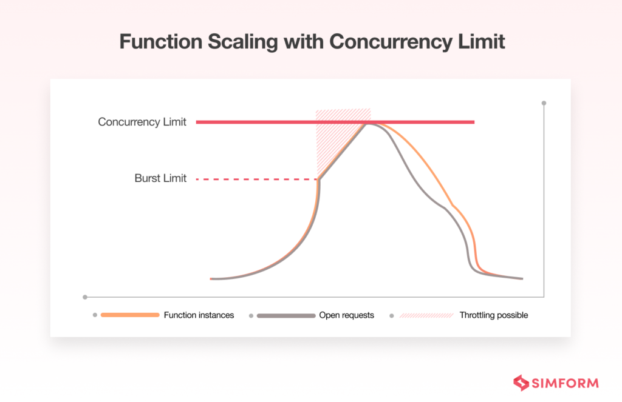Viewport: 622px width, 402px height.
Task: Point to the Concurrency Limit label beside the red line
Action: (142, 122)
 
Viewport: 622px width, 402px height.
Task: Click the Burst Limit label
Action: (160, 179)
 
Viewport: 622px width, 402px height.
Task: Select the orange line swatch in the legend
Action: (130, 315)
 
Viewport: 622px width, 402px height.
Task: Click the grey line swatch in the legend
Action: (286, 315)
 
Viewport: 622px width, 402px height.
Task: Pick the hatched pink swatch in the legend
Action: (426, 315)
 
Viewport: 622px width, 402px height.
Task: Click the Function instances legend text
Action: (199, 315)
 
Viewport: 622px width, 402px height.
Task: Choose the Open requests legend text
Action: (346, 315)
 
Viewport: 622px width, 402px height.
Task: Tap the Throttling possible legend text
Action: (493, 315)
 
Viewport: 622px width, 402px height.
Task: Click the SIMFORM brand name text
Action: (565, 383)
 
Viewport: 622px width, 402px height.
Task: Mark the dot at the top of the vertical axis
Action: (544, 103)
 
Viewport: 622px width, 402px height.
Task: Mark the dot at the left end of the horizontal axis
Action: (85, 297)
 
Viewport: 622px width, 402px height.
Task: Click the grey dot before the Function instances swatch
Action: (95, 315)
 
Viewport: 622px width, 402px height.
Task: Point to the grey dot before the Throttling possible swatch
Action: (391, 315)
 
